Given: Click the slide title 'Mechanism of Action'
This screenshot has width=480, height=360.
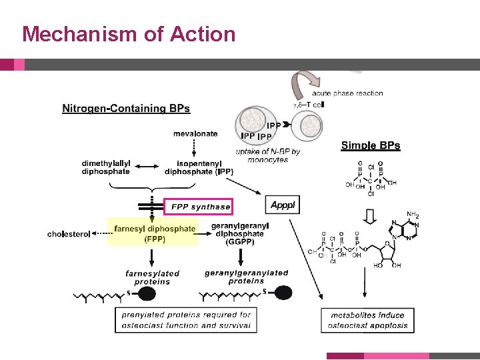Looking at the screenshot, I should click(129, 33).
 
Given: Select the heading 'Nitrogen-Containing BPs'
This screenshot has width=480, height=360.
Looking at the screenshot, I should click(126, 109).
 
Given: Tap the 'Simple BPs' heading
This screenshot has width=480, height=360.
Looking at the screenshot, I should click(371, 145).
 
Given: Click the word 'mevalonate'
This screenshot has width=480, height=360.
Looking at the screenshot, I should click(195, 133).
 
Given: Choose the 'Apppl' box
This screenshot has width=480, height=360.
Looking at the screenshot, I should click(283, 204).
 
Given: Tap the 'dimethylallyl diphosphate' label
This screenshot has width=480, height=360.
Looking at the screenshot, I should click(106, 167).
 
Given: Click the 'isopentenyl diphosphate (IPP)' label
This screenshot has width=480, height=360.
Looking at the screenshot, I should click(199, 167).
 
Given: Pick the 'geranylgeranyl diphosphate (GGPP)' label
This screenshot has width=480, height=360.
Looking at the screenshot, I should click(238, 235).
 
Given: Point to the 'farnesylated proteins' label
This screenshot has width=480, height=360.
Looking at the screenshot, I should click(152, 277).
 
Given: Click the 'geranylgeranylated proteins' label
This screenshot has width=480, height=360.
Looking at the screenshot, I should click(247, 277).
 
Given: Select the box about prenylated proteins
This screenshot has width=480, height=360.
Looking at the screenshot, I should click(185, 320).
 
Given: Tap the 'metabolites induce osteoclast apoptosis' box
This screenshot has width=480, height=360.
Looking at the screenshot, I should click(367, 320).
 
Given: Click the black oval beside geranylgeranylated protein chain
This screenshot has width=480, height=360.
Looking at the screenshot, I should click(283, 293).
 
